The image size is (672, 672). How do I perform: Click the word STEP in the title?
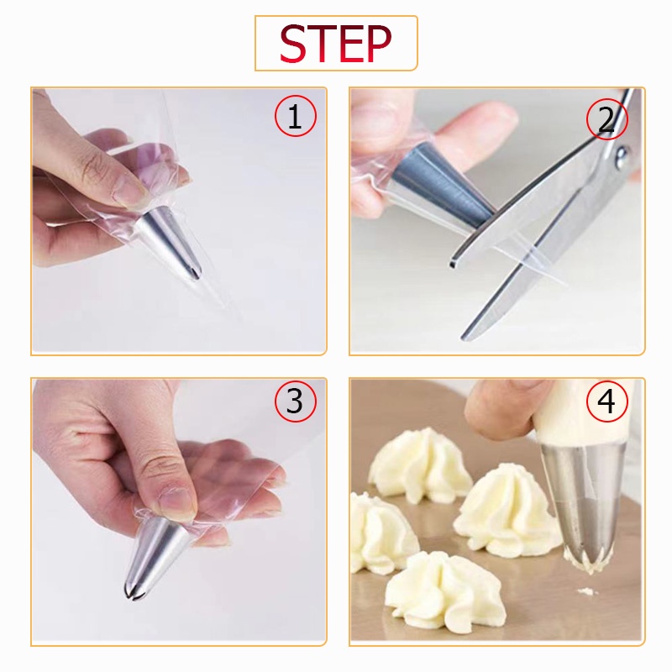pos(335,44)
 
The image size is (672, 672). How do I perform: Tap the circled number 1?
pos(296,116)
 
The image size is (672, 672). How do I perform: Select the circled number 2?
pos(606,119)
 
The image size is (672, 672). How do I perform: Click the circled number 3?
pos(296,402)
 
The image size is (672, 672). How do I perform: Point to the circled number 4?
pos(606,402)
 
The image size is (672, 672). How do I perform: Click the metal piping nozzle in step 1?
pos(171,240)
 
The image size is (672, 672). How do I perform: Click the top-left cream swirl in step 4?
pos(416,465)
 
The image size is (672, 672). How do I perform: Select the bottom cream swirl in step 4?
pos(444,591)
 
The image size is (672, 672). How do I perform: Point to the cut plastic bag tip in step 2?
pos(532,260)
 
